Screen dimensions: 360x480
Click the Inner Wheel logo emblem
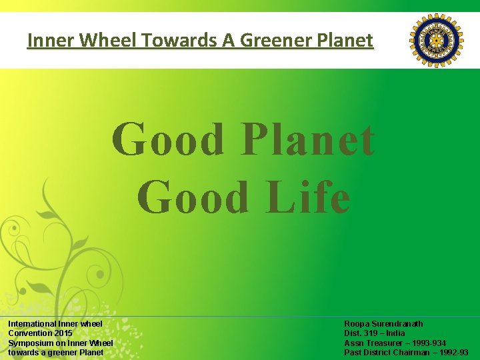tap(436, 41)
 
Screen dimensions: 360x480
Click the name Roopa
tap(357, 324)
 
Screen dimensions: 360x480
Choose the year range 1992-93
tap(451, 353)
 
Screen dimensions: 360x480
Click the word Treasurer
tap(383, 343)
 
